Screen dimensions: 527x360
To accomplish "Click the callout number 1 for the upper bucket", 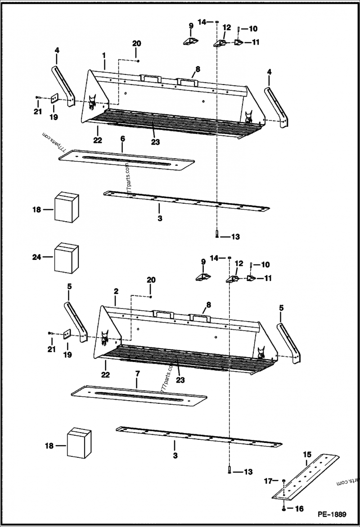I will pos(104,55).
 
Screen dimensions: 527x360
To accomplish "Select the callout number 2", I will pos(116,291).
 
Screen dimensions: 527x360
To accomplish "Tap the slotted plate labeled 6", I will pos(126,160).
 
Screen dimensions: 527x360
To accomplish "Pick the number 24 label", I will pos(36,257).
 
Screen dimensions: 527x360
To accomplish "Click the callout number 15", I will pos(306,454).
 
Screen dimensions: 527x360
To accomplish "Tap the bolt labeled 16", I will pos(284,509).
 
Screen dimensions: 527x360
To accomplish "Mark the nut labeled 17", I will pos(284,482).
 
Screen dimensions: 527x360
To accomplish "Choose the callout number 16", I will pos(299,509).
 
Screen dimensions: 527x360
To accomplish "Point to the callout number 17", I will pos(268,481).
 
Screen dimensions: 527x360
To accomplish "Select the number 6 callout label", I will pos(122,139).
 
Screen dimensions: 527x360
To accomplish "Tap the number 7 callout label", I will pos(137,374).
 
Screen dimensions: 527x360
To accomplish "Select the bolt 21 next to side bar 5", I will pos(50,333).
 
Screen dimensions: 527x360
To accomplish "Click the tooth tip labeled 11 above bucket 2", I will pos(251,278).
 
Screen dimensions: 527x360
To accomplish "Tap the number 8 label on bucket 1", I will pos(197,69).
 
